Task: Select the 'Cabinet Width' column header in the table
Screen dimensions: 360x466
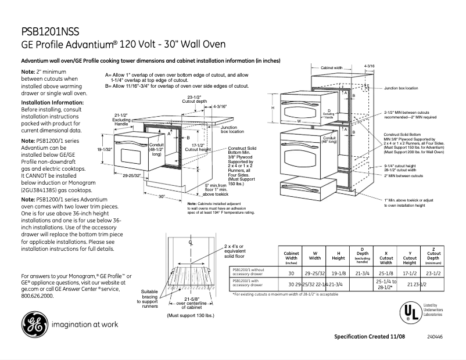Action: pyautogui.click(x=291, y=258)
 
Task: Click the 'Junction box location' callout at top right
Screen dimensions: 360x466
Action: pyautogui.click(x=400, y=88)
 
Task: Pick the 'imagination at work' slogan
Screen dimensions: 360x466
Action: pyautogui.click(x=86, y=325)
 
